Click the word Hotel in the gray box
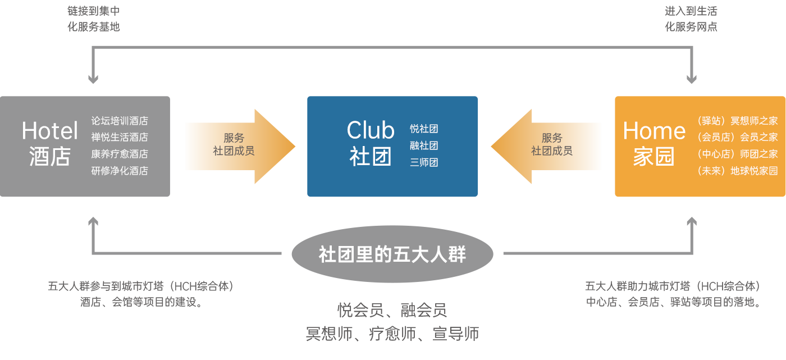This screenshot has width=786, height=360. click(49, 131)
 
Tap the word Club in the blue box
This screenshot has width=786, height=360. click(370, 130)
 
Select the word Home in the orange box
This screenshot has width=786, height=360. click(654, 131)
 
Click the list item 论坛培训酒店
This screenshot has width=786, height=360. click(120, 121)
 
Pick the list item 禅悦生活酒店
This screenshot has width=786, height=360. click(120, 137)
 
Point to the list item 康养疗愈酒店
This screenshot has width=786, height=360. click(120, 154)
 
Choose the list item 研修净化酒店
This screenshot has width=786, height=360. click(120, 171)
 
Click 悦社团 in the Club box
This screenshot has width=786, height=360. click(424, 129)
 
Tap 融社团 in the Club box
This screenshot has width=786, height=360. click(424, 146)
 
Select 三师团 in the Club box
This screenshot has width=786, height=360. click(424, 163)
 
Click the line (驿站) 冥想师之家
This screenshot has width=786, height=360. click(737, 121)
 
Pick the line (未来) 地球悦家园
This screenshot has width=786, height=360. click(737, 171)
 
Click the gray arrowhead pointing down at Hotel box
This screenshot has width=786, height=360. click(93, 78)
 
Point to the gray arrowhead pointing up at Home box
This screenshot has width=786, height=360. click(692, 223)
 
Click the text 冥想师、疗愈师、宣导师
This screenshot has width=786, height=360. click(392, 334)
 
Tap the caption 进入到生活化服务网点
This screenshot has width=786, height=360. click(691, 19)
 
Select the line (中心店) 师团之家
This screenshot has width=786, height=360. click(737, 154)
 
